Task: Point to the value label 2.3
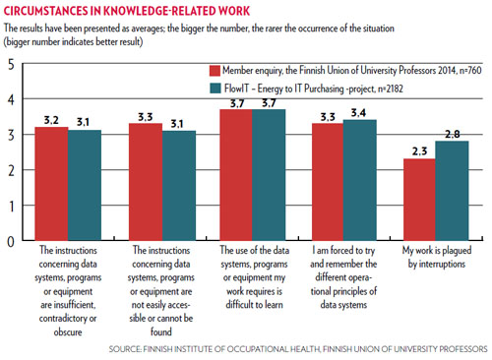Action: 419,150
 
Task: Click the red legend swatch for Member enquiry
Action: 214,71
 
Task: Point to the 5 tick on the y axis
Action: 10,65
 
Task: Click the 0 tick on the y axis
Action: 10,240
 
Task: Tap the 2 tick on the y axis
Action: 10,170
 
